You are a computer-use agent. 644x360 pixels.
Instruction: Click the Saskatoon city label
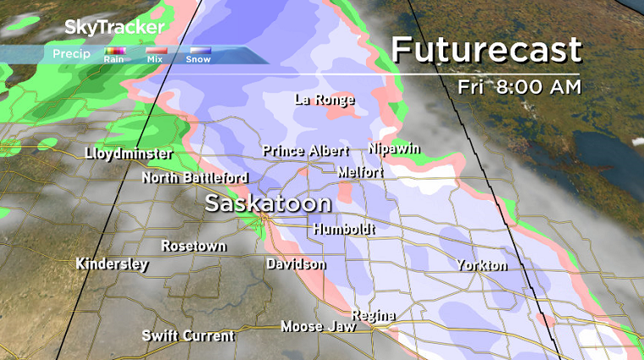click(268, 204)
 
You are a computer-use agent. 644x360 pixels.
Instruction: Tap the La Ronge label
click(324, 100)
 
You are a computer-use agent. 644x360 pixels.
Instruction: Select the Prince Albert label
click(305, 151)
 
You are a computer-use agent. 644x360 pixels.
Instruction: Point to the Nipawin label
click(395, 148)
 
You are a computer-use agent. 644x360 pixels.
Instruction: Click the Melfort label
click(360, 172)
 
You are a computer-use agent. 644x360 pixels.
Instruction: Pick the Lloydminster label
click(129, 154)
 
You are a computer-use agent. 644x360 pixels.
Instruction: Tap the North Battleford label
click(195, 178)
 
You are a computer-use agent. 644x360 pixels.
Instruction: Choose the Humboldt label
click(343, 230)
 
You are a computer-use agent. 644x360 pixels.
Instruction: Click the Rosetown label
click(194, 246)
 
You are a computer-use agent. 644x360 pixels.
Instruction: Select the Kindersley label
click(112, 264)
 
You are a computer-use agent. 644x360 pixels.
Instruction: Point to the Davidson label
click(296, 264)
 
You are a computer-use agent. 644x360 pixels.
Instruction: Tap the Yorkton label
click(481, 265)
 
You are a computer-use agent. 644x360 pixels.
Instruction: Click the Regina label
click(374, 316)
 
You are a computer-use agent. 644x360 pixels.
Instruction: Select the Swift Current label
click(188, 335)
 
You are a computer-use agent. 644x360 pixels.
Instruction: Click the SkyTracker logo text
click(114, 27)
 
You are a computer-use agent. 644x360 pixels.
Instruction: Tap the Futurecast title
click(486, 50)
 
